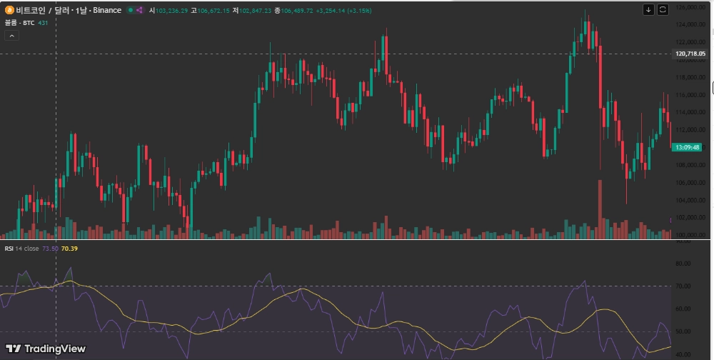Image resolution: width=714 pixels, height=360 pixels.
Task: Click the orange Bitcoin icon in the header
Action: (x=9, y=11)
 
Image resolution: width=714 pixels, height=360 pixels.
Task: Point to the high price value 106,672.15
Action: (x=213, y=11)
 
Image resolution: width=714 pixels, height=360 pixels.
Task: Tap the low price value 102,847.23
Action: (x=255, y=11)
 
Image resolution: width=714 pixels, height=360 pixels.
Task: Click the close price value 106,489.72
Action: (x=298, y=11)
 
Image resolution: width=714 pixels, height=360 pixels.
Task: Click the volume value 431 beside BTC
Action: (x=43, y=23)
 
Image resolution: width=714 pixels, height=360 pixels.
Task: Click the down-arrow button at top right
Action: (x=648, y=9)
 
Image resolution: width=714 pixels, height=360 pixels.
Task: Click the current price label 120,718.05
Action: (x=690, y=54)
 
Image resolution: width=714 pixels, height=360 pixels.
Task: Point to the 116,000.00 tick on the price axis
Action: (x=690, y=94)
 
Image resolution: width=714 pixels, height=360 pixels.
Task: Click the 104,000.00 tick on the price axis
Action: (x=690, y=200)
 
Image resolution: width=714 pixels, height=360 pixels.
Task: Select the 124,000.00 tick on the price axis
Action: (x=690, y=24)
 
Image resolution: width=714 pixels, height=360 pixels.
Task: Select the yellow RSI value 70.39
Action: (x=70, y=249)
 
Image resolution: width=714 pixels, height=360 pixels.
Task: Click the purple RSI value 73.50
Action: (x=50, y=249)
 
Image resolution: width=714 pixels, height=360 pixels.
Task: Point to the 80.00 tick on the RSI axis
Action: (x=683, y=263)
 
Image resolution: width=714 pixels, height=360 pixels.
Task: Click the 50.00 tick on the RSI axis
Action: (x=683, y=332)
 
